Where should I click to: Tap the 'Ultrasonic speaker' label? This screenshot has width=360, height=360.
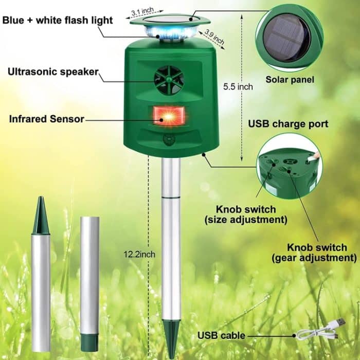52,71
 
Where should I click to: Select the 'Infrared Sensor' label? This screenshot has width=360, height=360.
46,119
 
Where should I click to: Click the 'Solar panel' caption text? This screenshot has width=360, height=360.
290,80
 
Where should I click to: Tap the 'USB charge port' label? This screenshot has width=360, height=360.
288,124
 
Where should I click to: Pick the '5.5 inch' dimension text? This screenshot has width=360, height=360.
238,87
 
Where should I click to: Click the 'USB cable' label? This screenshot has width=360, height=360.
221,336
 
